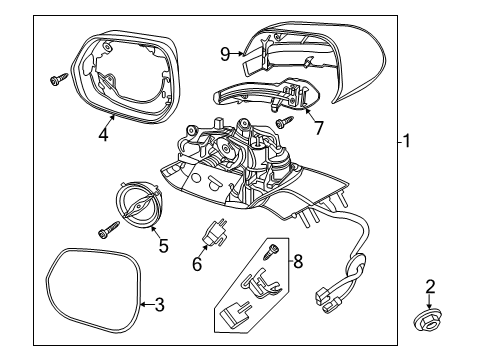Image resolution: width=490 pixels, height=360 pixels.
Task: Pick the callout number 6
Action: (x=198, y=264)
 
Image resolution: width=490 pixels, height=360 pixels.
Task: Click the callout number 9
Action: (x=225, y=53)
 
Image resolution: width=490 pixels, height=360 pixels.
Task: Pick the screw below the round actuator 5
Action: (x=106, y=232)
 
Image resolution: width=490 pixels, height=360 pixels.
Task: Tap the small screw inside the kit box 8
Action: (x=269, y=252)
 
